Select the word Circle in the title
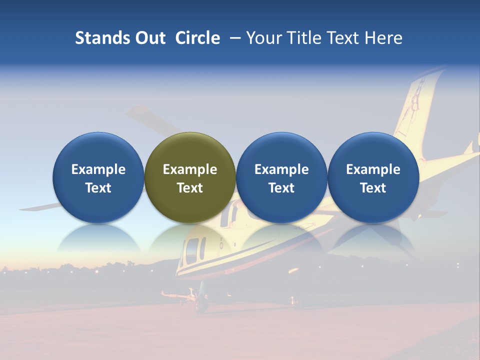click(x=197, y=38)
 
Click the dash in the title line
click(x=235, y=38)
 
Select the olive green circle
click(x=190, y=177)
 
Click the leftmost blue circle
click(x=98, y=177)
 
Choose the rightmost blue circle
click(x=373, y=177)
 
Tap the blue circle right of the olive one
click(x=281, y=177)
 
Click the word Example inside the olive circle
click(x=190, y=169)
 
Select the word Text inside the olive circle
click(x=190, y=188)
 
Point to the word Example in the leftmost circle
click(x=98, y=169)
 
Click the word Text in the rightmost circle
click(x=373, y=188)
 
